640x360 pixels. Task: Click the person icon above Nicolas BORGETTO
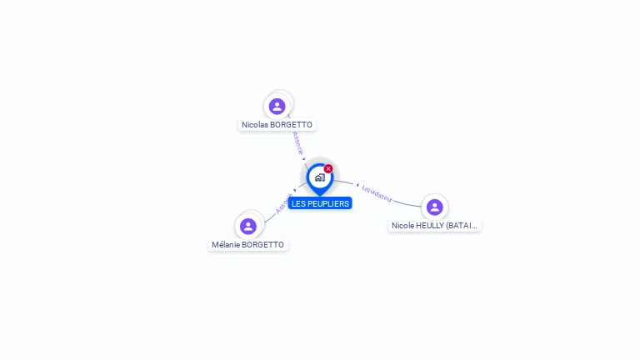tap(277, 106)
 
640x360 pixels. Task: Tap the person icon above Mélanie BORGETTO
tap(247, 226)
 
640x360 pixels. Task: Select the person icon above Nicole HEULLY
tap(434, 207)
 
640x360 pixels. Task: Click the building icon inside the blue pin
tap(319, 177)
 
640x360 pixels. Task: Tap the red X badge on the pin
tap(328, 168)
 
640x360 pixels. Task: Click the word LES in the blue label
tap(298, 203)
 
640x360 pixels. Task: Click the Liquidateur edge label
tap(377, 192)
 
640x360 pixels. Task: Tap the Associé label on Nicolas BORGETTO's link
tap(297, 142)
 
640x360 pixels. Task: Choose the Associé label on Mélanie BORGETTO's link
tap(282, 203)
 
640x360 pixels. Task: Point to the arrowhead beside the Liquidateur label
tap(357, 184)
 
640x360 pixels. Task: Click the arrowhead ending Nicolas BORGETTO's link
tap(304, 158)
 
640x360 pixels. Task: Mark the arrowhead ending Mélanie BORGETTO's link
tap(295, 190)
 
